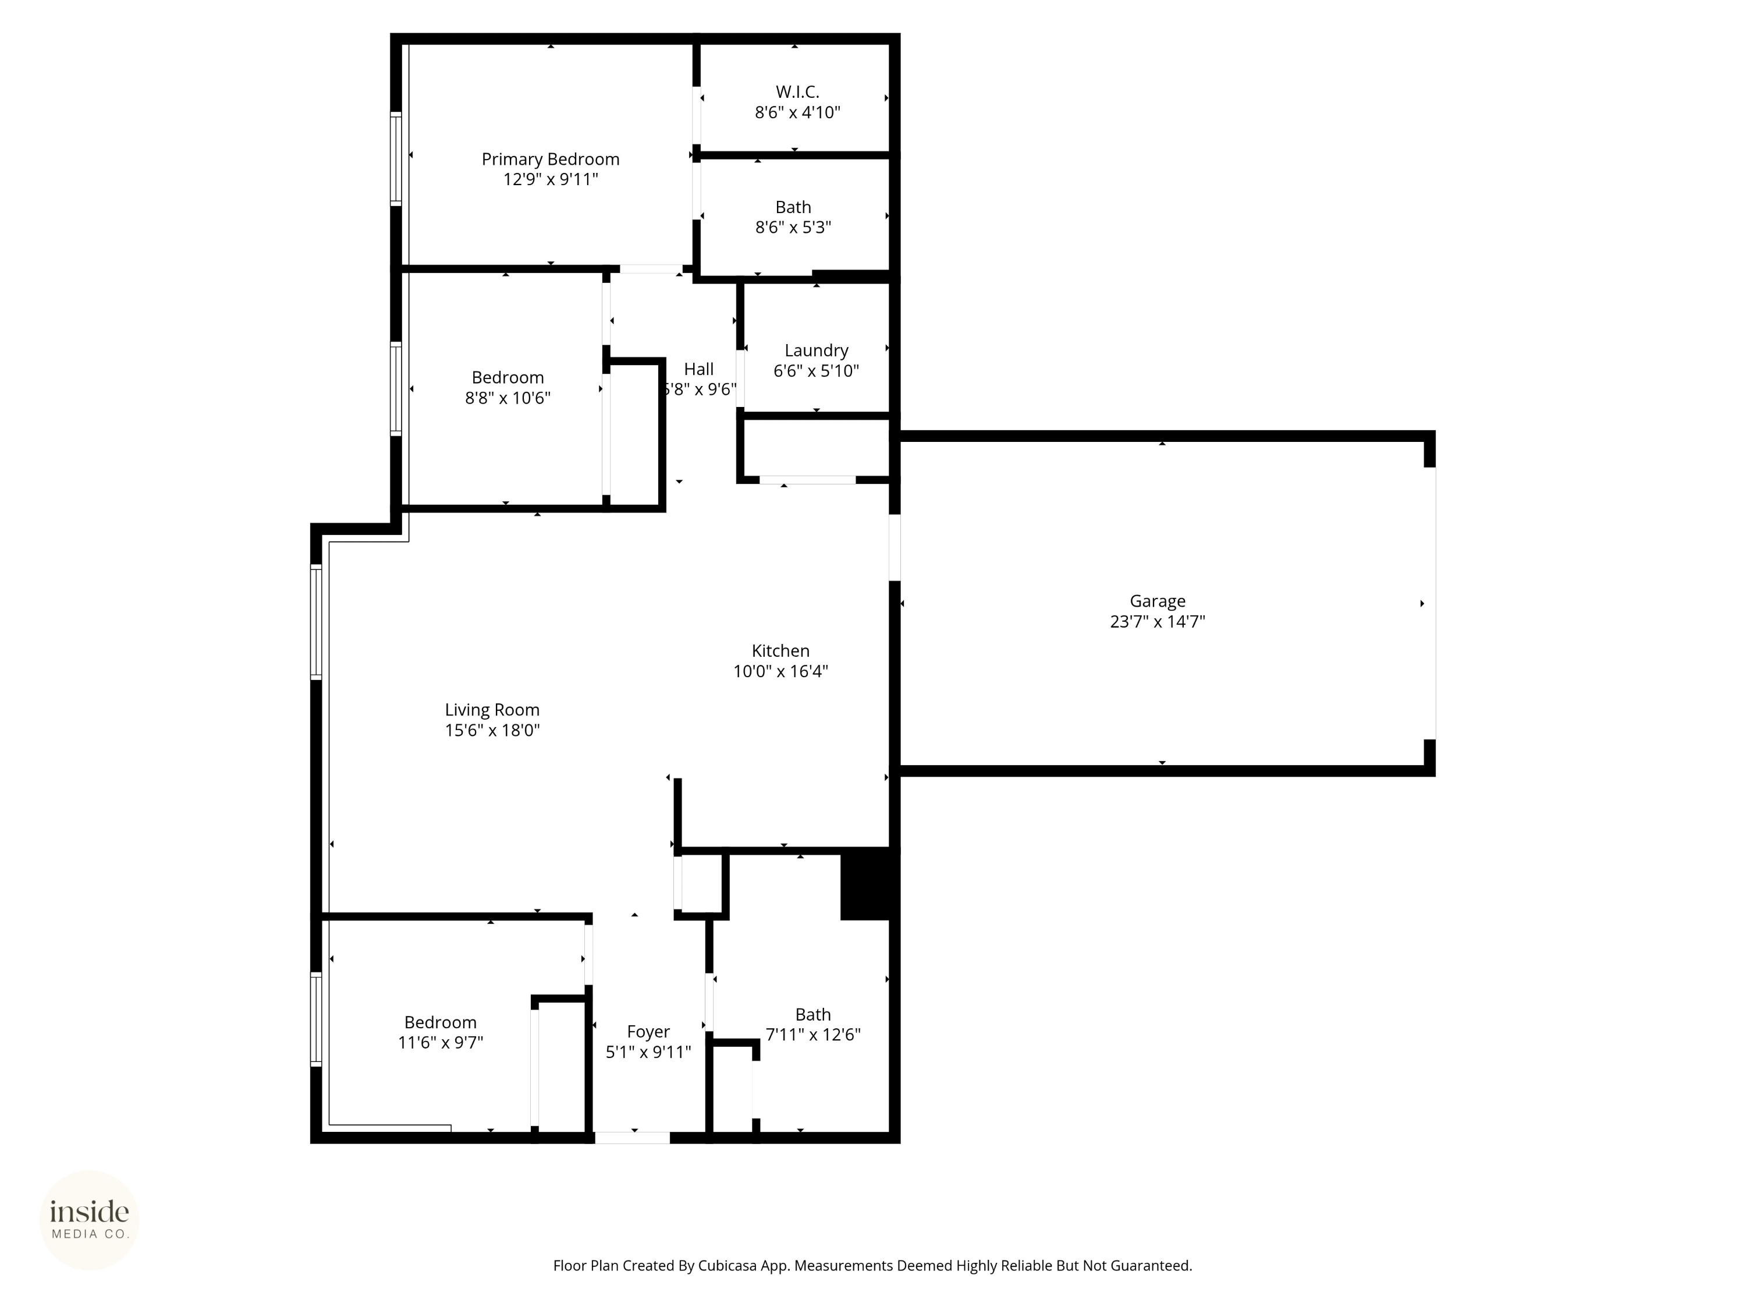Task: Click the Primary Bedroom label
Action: tap(550, 160)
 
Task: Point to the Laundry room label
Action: tap(816, 350)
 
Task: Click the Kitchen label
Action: tap(780, 651)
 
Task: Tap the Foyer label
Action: tap(648, 1031)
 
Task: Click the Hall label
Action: tap(698, 369)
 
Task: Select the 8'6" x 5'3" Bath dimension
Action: tap(793, 228)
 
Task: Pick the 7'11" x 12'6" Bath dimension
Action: tap(813, 1035)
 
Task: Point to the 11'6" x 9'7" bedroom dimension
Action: tap(441, 1042)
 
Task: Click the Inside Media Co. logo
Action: tap(89, 1220)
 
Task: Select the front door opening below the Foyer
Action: tap(632, 1137)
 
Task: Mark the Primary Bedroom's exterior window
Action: tap(396, 159)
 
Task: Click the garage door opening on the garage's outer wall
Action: tap(1429, 603)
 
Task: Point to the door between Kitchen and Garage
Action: tap(895, 547)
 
